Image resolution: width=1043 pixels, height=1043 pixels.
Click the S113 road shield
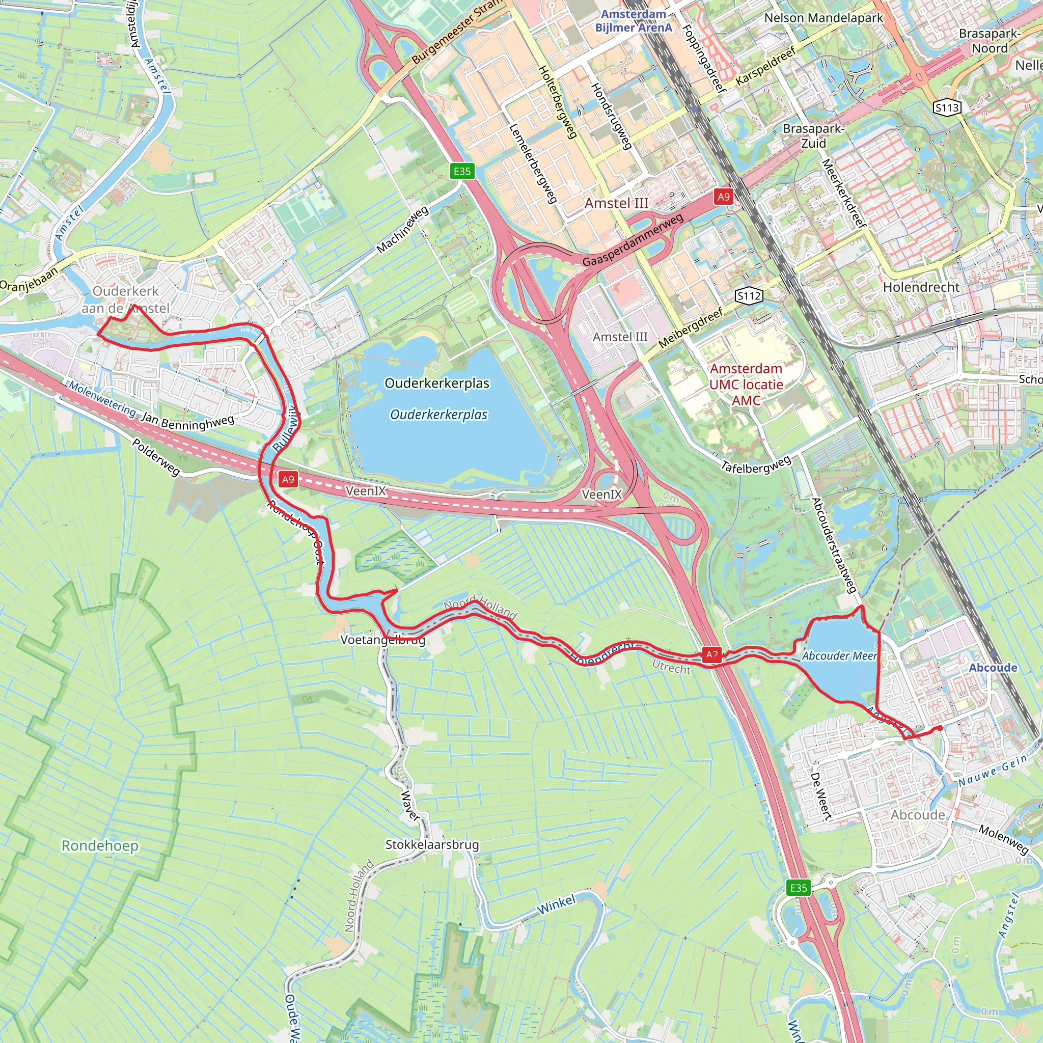[x=947, y=107]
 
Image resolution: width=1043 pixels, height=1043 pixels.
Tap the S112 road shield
[x=749, y=295]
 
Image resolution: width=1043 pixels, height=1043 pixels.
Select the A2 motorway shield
[x=712, y=655]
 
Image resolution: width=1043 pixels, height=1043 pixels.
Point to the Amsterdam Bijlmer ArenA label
[x=634, y=20]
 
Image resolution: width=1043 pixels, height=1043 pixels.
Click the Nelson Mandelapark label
[x=824, y=18]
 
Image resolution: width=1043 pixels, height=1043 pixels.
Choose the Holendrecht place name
[x=921, y=287]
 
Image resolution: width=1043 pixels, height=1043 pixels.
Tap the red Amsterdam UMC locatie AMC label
[x=746, y=385]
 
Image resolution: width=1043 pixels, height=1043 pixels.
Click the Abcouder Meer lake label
[x=839, y=656]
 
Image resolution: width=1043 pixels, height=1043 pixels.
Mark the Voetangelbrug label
[x=383, y=640]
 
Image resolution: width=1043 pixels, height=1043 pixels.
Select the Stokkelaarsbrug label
[x=432, y=845]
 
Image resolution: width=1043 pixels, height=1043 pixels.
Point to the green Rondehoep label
[x=100, y=845]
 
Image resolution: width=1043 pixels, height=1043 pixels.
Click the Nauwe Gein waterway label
[x=992, y=771]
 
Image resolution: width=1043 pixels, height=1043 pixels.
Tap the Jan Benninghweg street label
[x=187, y=422]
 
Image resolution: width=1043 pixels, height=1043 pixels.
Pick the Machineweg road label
[x=402, y=230]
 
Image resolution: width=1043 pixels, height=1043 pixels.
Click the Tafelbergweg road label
[x=756, y=464]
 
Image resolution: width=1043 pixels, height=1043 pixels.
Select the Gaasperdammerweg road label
[x=633, y=240]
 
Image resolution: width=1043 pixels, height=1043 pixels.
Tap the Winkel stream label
[x=557, y=905]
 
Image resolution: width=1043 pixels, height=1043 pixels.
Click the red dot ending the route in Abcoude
[x=941, y=728]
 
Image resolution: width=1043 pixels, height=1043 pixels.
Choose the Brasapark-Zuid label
[x=813, y=136]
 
